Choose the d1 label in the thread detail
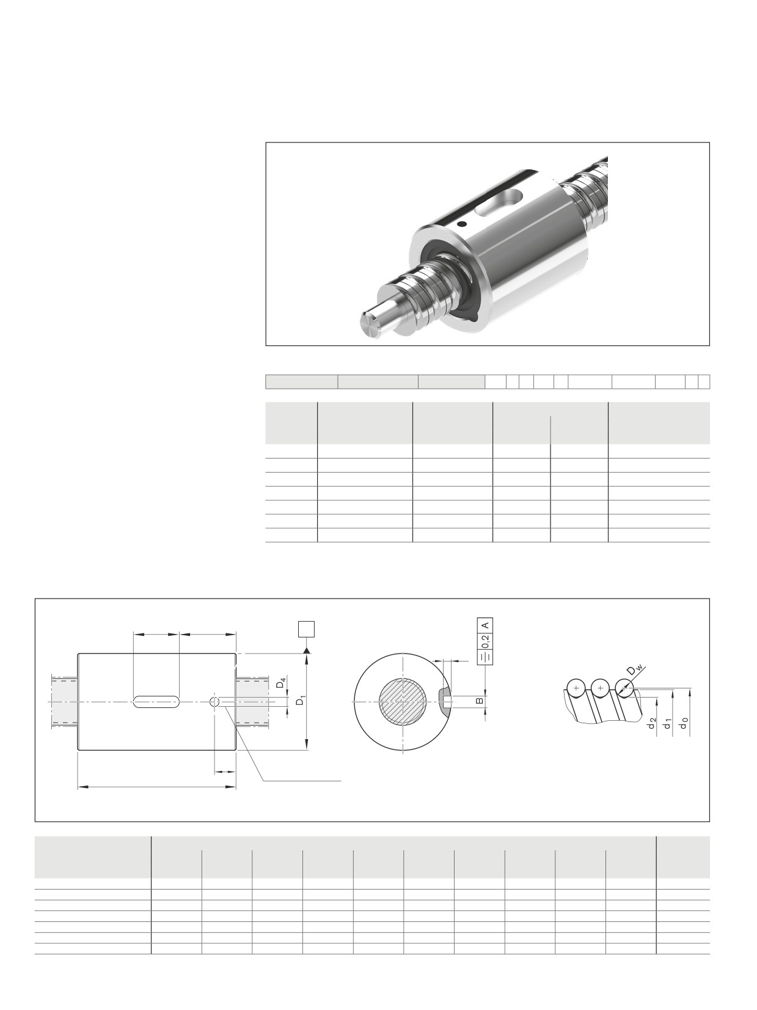pos(668,724)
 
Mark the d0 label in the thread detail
pos(684,724)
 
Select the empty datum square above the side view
pos(306,629)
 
